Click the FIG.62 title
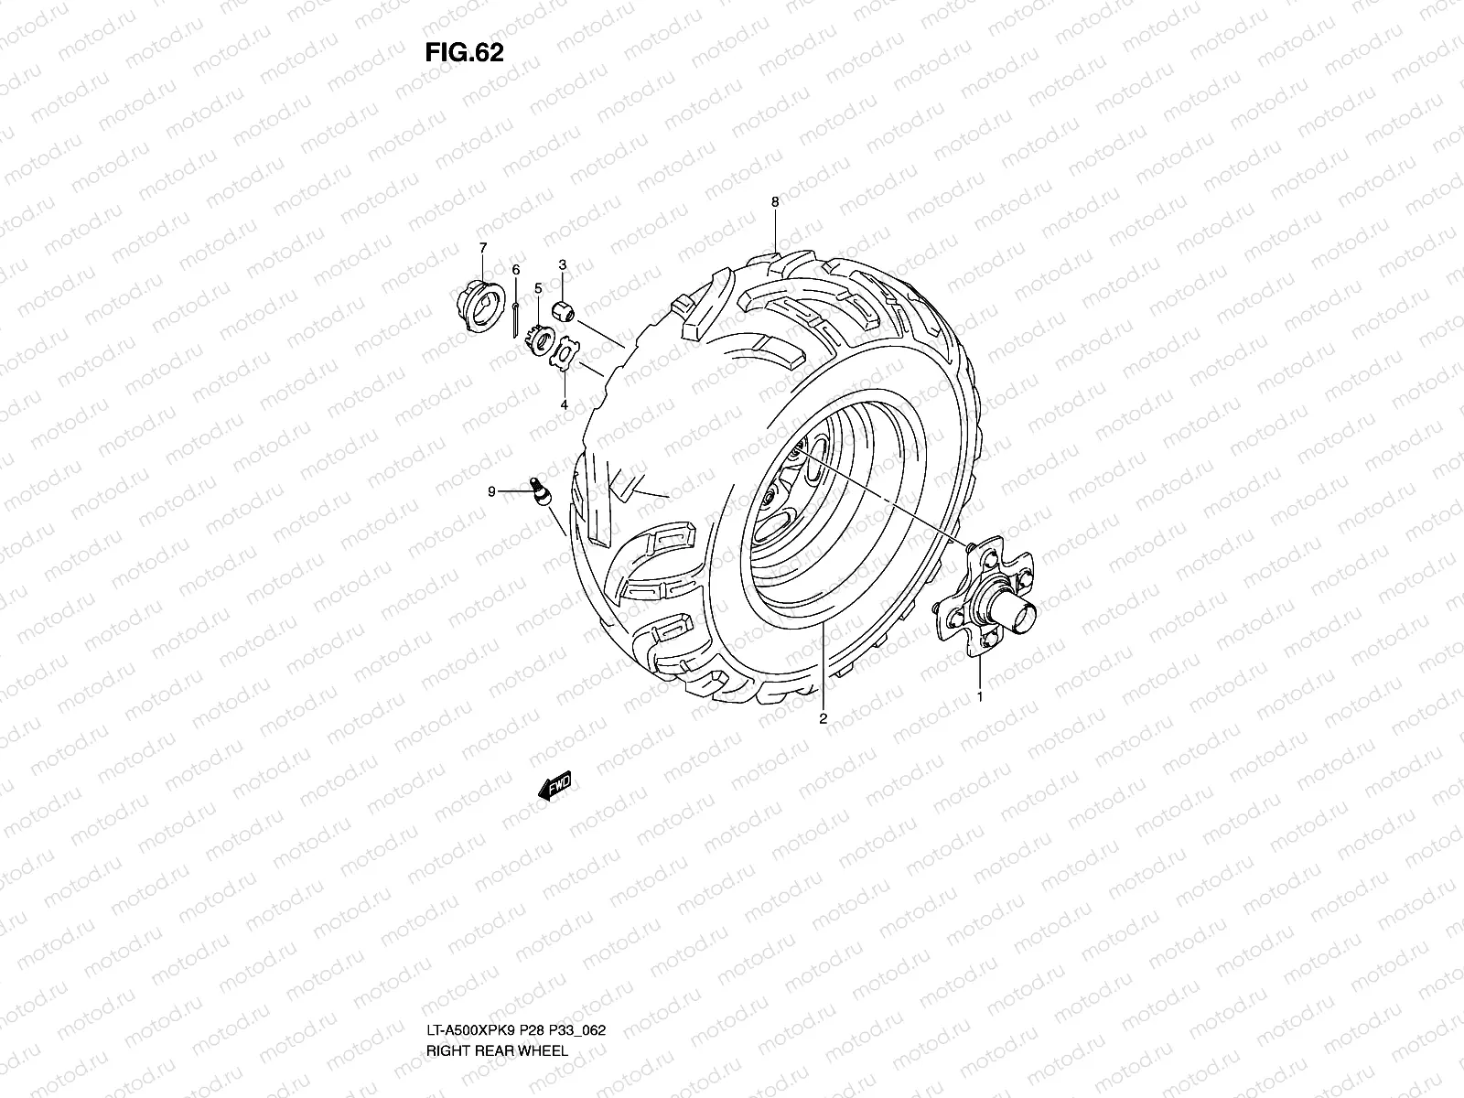[x=464, y=53]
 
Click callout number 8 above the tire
[x=775, y=201]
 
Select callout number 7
[x=482, y=247]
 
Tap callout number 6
[x=515, y=270]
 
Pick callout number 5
[x=538, y=288]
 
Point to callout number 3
[x=563, y=264]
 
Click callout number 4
[x=564, y=404]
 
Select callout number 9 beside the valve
[x=491, y=492]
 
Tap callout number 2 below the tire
[x=823, y=719]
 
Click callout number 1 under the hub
[x=981, y=697]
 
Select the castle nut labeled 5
[x=541, y=344]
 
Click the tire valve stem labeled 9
[x=539, y=490]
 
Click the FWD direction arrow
[x=554, y=787]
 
